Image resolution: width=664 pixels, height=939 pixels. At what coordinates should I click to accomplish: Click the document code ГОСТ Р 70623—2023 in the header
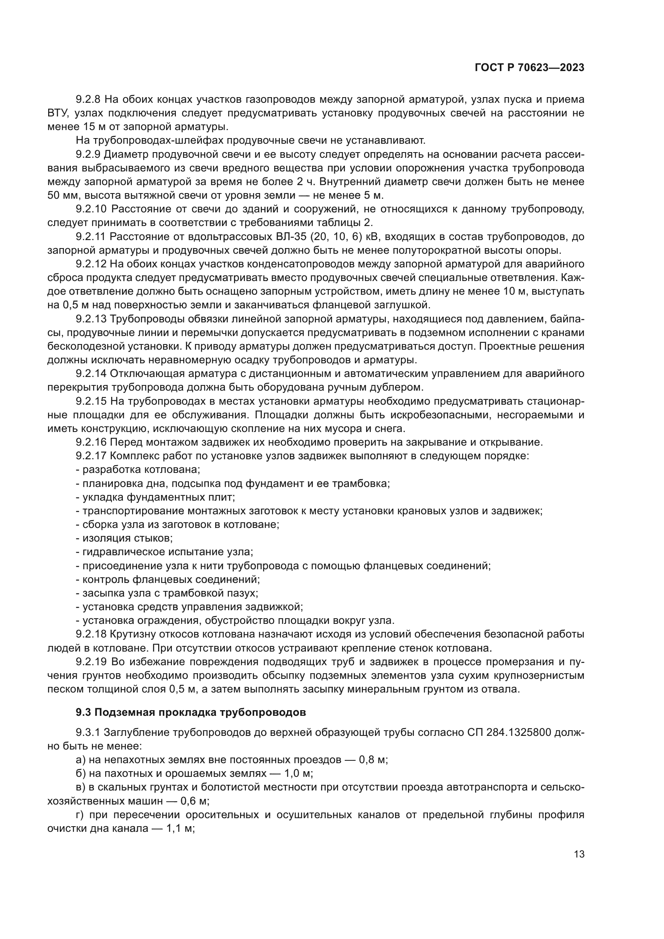pos(530,68)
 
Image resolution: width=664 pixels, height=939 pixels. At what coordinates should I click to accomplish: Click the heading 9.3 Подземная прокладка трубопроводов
pos(191,712)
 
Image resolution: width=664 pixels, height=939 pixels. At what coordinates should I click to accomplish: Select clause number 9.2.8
pos(89,100)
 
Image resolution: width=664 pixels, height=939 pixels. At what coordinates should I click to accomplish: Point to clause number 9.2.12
pos(91,264)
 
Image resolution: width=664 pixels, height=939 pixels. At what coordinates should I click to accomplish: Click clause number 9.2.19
pos(91,662)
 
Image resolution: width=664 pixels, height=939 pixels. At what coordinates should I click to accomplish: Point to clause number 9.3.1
pos(88,733)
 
